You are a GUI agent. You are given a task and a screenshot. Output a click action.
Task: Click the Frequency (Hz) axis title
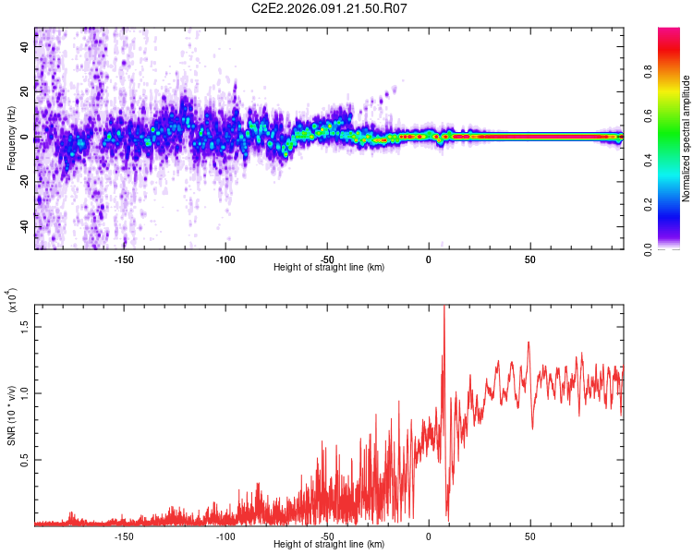(x=11, y=138)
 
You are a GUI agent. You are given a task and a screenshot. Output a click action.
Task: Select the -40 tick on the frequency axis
(x=25, y=227)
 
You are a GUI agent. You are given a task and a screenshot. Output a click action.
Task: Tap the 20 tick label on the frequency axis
(x=25, y=93)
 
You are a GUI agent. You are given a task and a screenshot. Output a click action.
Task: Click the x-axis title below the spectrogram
(x=329, y=268)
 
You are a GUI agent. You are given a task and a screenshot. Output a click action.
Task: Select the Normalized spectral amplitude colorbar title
(x=687, y=138)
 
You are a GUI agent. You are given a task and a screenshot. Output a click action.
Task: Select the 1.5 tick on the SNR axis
(x=25, y=325)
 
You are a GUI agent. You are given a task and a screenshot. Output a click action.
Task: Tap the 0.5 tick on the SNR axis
(x=25, y=459)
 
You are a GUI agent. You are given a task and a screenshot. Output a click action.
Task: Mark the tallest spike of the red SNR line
(x=444, y=307)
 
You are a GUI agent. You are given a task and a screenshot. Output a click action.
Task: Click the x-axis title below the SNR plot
(x=329, y=545)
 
